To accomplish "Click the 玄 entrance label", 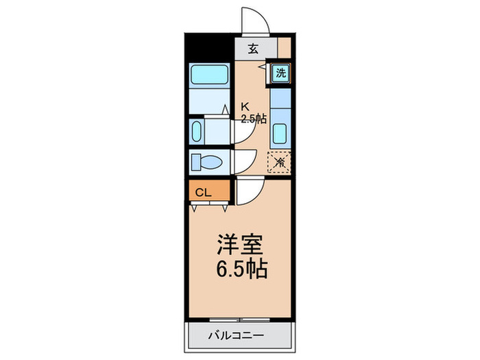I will [x=253, y=49].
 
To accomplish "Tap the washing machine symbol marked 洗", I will [x=281, y=73].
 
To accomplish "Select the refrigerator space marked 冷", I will [x=279, y=162].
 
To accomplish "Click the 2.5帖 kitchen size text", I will [x=252, y=118].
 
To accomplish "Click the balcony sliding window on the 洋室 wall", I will [x=240, y=320].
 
